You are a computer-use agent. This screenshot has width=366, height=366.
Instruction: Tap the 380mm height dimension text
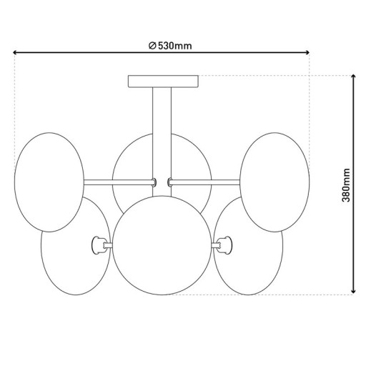coord(347,185)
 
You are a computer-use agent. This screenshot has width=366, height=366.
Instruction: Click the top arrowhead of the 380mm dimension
coord(354,77)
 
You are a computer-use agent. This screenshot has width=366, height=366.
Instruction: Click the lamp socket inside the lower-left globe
coord(97,245)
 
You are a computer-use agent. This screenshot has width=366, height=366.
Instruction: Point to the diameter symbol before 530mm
coord(153,46)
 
